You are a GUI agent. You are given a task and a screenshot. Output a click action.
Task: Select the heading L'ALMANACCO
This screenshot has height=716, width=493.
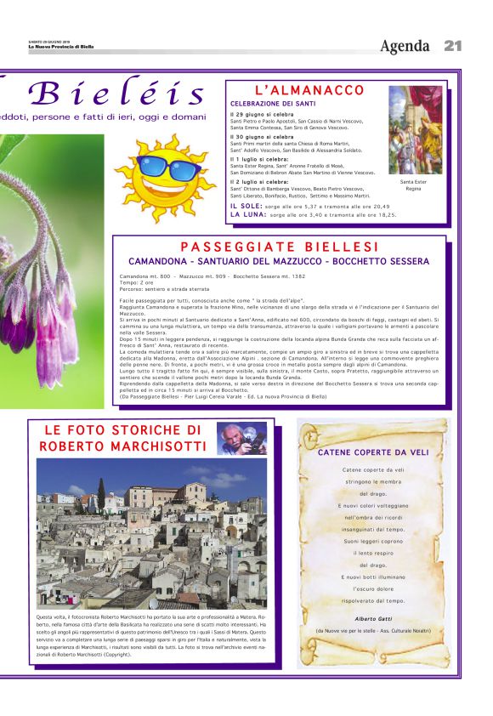(309, 90)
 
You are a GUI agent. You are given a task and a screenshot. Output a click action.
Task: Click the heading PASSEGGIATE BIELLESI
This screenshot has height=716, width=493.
(280, 247)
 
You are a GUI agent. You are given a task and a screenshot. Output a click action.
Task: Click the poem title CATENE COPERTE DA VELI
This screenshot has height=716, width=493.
(373, 452)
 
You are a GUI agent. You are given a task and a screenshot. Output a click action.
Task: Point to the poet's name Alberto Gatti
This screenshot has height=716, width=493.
(372, 618)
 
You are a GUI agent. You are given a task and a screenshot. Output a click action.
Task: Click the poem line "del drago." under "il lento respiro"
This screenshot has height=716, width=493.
(373, 565)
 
